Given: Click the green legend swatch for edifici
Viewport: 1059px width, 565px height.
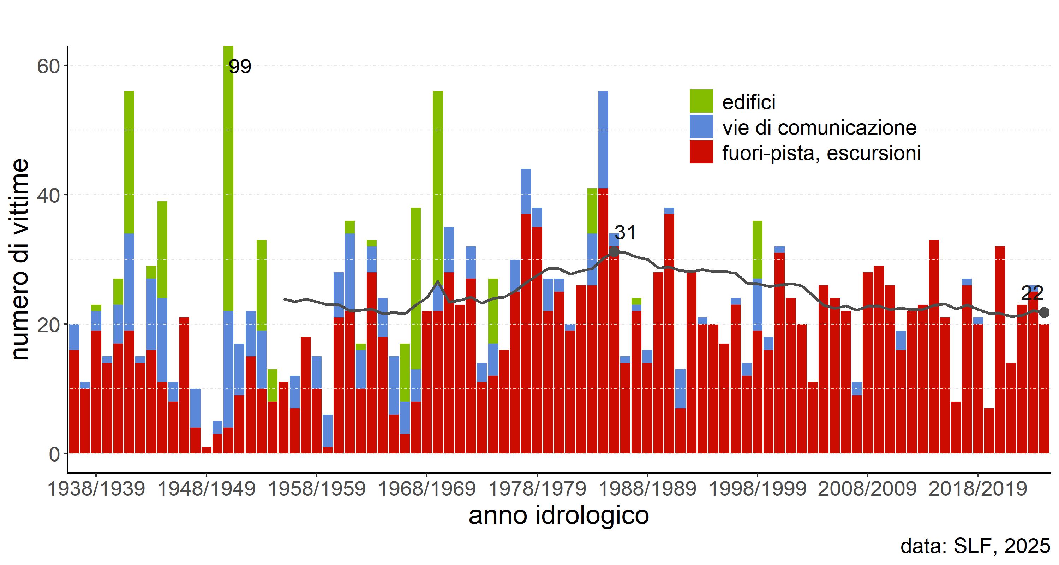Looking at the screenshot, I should click(701, 101).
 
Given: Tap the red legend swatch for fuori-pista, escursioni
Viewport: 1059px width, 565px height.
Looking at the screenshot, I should click(701, 152).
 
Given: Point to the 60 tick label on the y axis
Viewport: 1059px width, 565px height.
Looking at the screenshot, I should click(48, 66).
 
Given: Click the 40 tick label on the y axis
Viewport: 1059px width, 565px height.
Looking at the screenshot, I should click(48, 195).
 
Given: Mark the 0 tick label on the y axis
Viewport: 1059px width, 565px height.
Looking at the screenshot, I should click(54, 454).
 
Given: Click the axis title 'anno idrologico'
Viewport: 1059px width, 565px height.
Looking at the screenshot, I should click(559, 516).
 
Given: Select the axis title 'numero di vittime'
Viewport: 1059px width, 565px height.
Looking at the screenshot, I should click(19, 260).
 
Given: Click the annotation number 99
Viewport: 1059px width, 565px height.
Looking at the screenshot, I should click(240, 66).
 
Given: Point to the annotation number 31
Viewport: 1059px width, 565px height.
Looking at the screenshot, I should click(625, 233).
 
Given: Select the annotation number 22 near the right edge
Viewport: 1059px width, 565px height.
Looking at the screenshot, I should click(1032, 293).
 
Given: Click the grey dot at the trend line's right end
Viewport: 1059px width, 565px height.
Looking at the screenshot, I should click(1044, 313).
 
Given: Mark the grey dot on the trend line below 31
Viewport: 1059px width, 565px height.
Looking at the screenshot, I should click(614, 252).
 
